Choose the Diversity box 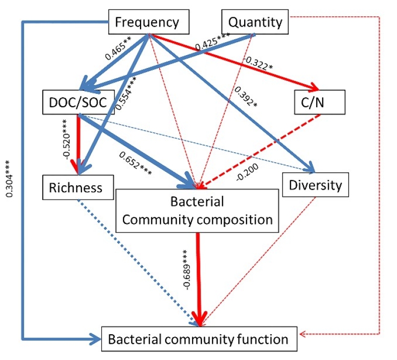click(314, 185)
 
